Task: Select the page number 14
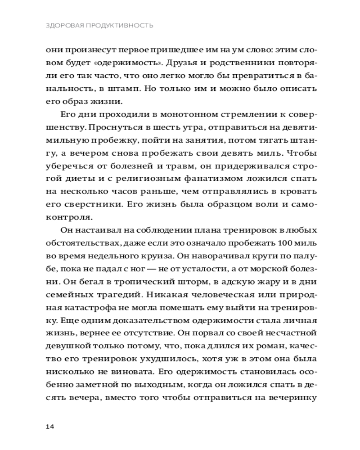[x=50, y=426]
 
